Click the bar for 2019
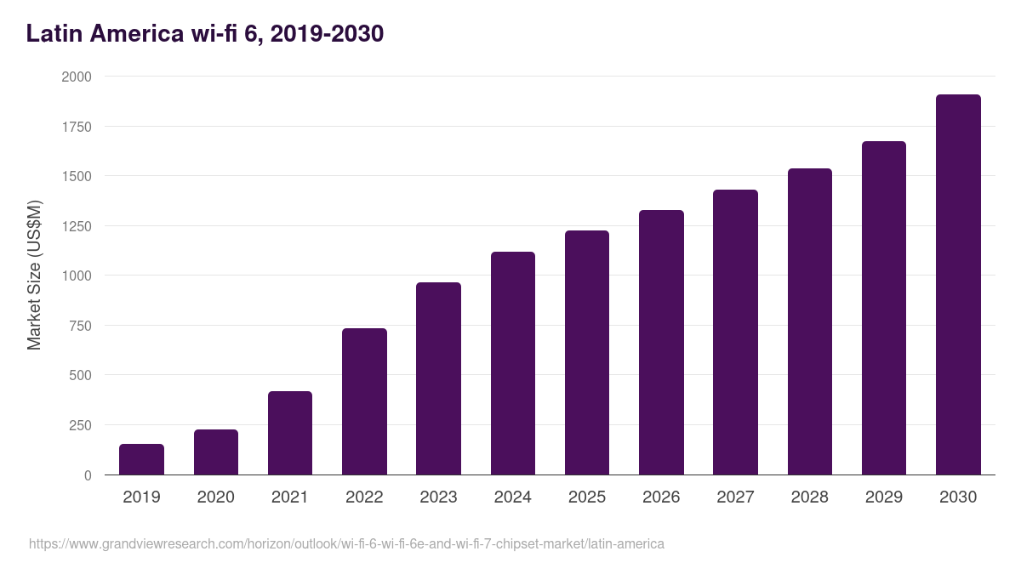141,459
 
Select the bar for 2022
364,401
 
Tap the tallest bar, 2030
958,285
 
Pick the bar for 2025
587,353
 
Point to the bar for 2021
290,433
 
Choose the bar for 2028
810,321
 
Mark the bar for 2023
438,378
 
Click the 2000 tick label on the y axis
77,77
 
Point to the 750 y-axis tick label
80,326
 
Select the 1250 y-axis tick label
77,226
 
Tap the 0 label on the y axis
88,475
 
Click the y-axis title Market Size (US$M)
34,276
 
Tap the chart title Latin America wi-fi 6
205,34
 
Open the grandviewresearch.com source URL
346,543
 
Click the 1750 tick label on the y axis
77,127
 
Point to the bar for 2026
661,343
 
